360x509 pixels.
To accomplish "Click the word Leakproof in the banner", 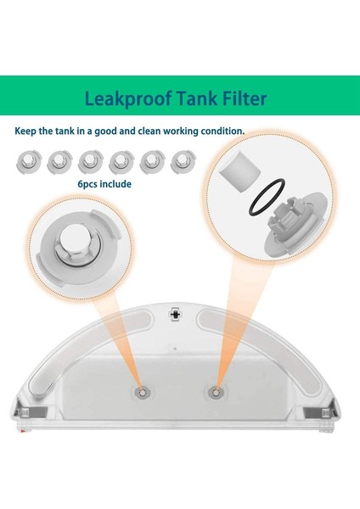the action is tap(128, 98).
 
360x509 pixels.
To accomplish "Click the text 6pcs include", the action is tap(104, 184).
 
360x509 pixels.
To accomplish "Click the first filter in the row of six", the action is tap(29, 161).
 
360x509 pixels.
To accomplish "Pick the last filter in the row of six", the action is tap(183, 161).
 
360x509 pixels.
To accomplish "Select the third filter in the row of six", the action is tap(91, 161).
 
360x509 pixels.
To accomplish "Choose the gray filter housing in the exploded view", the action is tap(294, 224).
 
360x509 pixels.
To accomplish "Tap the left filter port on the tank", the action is tap(142, 393).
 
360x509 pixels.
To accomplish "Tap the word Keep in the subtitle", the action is tap(25, 131).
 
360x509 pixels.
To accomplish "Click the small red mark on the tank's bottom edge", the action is tap(22, 431).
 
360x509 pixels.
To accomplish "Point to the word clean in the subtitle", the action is tap(149, 131).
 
